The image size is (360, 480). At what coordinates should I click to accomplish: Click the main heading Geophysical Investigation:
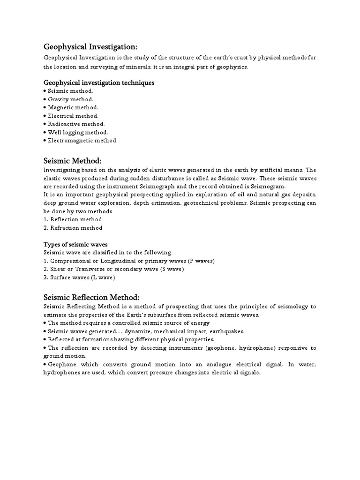point(90,47)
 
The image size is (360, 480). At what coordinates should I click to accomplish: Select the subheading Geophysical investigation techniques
point(99,82)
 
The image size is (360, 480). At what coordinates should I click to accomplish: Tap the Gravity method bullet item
point(70,99)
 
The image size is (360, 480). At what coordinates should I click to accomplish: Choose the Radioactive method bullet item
point(76,124)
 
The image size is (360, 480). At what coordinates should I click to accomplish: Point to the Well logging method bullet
point(77,132)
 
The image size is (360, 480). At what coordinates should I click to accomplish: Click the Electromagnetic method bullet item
point(82,140)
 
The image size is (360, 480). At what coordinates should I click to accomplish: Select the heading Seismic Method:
point(72,161)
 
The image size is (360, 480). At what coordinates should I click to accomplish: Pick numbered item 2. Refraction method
point(73,228)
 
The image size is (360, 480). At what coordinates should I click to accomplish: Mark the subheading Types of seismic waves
point(75,244)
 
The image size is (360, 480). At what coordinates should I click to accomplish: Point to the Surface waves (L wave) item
point(79,277)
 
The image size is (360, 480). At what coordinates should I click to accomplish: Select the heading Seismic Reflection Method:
point(91,298)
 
